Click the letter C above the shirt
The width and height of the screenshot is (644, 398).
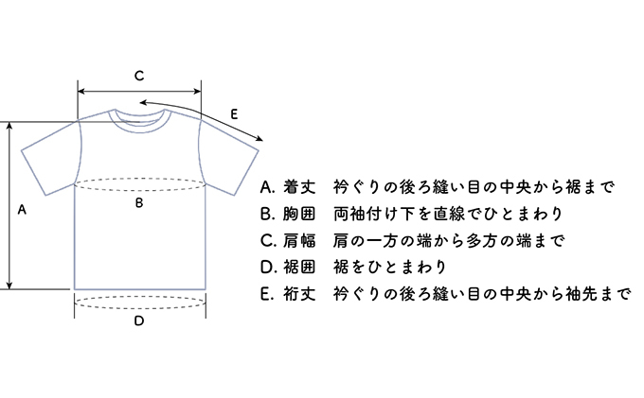pyautogui.click(x=139, y=76)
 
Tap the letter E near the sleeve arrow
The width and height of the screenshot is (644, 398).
pyautogui.click(x=234, y=114)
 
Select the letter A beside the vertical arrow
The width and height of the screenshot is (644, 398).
pyautogui.click(x=22, y=210)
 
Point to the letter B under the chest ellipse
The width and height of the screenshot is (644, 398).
pyautogui.click(x=139, y=202)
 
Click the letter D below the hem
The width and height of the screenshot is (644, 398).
pyautogui.click(x=139, y=320)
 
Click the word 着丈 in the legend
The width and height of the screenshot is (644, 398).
pyautogui.click(x=299, y=187)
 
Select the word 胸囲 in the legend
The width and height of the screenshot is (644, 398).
pyautogui.click(x=299, y=214)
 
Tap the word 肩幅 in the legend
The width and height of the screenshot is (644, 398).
pyautogui.click(x=299, y=241)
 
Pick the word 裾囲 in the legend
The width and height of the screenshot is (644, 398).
pyautogui.click(x=299, y=268)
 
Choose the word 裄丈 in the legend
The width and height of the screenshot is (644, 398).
pyautogui.click(x=299, y=294)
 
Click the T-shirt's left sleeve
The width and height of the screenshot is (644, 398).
pyautogui.click(x=51, y=158)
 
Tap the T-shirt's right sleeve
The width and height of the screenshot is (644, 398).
pyautogui.click(x=228, y=158)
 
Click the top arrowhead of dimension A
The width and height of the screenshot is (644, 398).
pyautogui.click(x=9, y=126)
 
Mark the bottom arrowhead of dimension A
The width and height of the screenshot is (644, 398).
pyautogui.click(x=9, y=286)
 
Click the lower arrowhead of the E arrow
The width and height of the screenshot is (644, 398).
pyautogui.click(x=259, y=139)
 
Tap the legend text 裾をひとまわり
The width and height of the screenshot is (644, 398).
pyautogui.click(x=390, y=268)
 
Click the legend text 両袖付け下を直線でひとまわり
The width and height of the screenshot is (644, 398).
pyautogui.click(x=448, y=214)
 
